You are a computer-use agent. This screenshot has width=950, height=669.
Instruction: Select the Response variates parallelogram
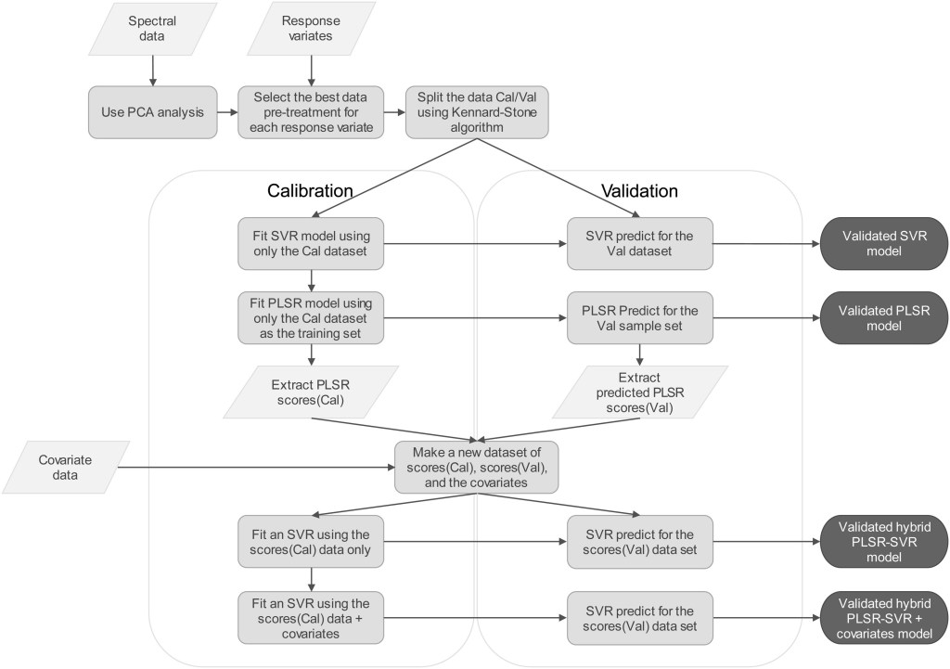tap(311, 29)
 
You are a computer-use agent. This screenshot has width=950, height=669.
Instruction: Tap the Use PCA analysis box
tap(152, 112)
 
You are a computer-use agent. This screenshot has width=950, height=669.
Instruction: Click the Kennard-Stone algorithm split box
tap(476, 112)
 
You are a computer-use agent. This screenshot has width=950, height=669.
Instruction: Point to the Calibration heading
tap(310, 191)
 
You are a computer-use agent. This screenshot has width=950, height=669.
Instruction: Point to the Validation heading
tap(639, 191)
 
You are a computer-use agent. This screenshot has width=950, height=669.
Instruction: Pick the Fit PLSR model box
tap(310, 317)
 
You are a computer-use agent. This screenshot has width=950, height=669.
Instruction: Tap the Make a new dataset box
tap(476, 467)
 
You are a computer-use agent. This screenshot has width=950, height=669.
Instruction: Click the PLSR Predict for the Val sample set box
tap(639, 317)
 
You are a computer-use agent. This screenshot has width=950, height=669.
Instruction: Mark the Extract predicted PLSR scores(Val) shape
tap(639, 390)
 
